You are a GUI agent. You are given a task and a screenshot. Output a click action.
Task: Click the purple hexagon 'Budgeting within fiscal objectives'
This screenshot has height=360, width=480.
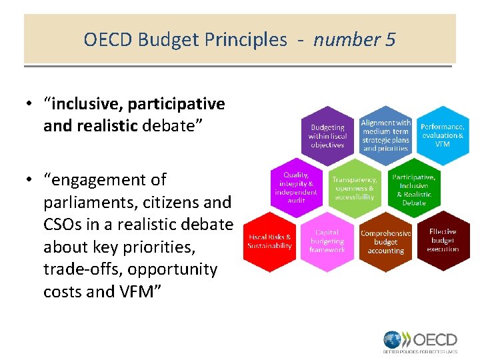tap(327, 136)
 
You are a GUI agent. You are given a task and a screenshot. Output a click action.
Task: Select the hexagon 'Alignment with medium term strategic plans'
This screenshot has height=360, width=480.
tap(385, 135)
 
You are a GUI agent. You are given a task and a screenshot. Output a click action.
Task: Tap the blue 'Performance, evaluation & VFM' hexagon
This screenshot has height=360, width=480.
tap(442, 135)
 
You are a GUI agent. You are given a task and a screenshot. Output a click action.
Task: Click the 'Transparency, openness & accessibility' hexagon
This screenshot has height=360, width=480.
tap(354, 188)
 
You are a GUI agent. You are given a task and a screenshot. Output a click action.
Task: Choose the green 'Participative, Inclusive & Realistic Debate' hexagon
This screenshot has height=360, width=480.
tap(413, 189)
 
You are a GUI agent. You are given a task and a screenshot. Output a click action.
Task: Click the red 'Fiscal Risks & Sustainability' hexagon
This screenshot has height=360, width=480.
tap(269, 241)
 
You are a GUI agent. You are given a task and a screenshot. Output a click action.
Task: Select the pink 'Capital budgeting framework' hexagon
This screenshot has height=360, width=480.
tap(327, 241)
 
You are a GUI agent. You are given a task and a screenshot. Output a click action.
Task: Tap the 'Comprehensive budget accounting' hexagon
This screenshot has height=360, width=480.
tap(385, 242)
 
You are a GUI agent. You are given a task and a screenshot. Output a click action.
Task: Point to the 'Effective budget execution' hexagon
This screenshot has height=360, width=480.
tap(443, 241)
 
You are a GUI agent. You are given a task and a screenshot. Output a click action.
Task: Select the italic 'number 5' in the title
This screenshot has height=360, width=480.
tap(354, 40)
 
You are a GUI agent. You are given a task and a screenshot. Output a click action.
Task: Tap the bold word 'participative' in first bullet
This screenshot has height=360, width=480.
tap(177, 104)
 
